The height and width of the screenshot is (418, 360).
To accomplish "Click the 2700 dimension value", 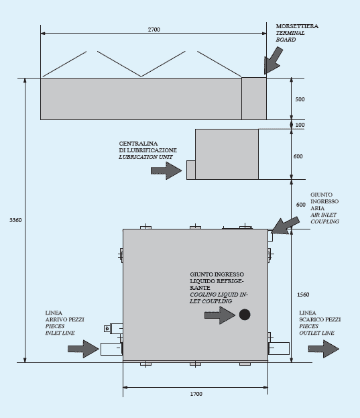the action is pyautogui.click(x=154, y=30).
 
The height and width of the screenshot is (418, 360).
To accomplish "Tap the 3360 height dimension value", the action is pyautogui.click(x=15, y=220).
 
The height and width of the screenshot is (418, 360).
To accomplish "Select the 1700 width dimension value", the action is pyautogui.click(x=196, y=394).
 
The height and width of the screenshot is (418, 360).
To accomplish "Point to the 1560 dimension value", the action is pyautogui.click(x=303, y=295).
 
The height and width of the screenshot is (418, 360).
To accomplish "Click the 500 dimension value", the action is pyautogui.click(x=300, y=99).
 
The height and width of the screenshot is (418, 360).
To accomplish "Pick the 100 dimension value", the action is pyautogui.click(x=300, y=125).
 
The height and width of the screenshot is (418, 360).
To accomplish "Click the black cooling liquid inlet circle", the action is pyautogui.click(x=245, y=315).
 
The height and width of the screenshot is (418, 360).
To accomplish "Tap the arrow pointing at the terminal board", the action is pyautogui.click(x=273, y=61).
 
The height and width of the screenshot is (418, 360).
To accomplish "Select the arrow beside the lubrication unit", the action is pyautogui.click(x=166, y=170).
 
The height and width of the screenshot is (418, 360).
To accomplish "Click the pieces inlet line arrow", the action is pyautogui.click(x=83, y=349).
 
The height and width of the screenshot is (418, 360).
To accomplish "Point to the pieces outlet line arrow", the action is pyautogui.click(x=324, y=349).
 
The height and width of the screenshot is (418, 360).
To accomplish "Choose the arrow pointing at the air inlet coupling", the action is pyautogui.click(x=285, y=225).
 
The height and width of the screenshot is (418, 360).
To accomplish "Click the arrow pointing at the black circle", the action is pyautogui.click(x=220, y=315).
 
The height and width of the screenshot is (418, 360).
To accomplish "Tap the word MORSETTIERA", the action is pyautogui.click(x=297, y=26).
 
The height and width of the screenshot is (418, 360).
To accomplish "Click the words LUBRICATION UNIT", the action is pyautogui.click(x=145, y=157).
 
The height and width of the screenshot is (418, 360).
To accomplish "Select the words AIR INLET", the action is pyautogui.click(x=324, y=215).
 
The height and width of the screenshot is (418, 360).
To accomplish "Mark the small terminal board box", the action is pyautogui.click(x=254, y=99).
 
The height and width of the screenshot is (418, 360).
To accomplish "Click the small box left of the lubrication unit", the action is pyautogui.click(x=191, y=170).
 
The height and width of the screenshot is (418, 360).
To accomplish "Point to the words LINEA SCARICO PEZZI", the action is pyautogui.click(x=320, y=316).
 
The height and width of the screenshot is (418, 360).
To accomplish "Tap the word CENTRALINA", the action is pyautogui.click(x=138, y=144).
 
